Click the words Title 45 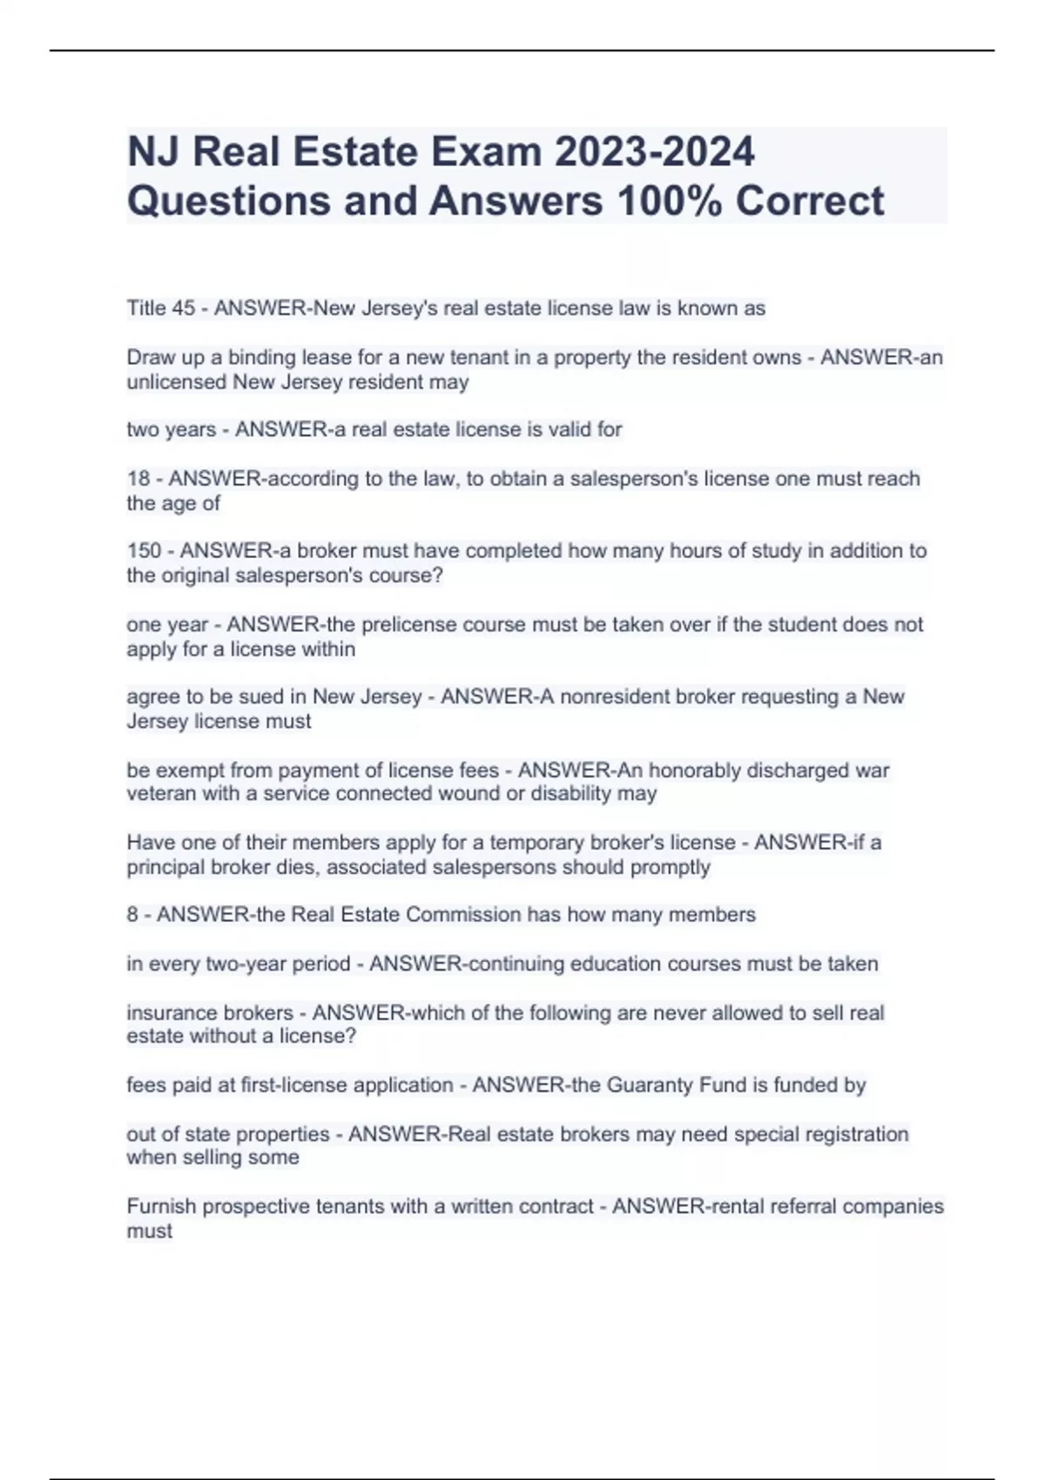(x=161, y=308)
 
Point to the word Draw (x=151, y=358)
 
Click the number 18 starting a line (x=138, y=479)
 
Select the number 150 (x=145, y=551)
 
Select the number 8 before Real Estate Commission (x=132, y=915)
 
